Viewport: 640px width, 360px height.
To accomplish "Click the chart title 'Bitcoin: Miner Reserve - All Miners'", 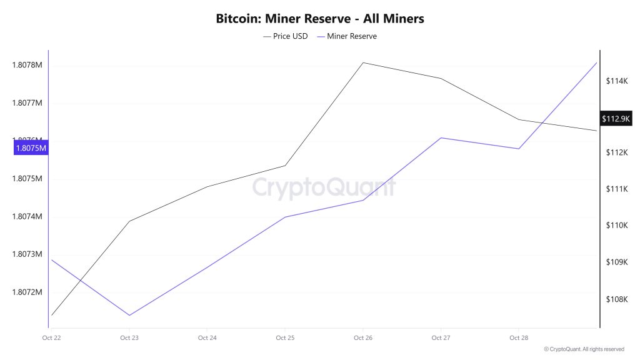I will (x=320, y=19).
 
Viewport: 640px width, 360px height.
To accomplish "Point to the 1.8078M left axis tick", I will (x=27, y=65).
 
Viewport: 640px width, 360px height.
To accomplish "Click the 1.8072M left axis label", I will (x=27, y=292).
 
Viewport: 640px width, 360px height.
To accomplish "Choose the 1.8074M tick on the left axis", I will (x=27, y=217).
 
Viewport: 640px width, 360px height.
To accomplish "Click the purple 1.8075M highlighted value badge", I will (x=31, y=148).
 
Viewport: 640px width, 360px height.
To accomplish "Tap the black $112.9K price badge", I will (x=616, y=119).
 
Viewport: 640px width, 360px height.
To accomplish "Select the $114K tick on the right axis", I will (x=616, y=81).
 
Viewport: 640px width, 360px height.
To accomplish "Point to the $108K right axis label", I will (x=616, y=299).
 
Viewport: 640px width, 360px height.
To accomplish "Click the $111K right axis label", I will (x=616, y=189).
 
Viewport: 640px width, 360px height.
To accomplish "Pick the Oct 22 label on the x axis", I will (x=51, y=338).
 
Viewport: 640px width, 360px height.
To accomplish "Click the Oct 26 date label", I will (x=363, y=338).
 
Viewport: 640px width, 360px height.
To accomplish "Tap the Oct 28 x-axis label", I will (x=519, y=338).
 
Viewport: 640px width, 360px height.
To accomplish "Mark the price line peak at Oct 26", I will (x=363, y=62).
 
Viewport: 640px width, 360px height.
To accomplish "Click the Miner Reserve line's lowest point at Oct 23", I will (x=129, y=315).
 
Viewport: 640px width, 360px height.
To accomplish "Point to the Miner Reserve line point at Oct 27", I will (x=441, y=137).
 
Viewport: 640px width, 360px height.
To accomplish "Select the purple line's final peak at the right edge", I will (x=596, y=62).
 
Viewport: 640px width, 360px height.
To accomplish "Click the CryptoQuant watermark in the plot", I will (x=324, y=187).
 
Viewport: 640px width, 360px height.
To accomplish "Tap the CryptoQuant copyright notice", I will (x=584, y=349).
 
